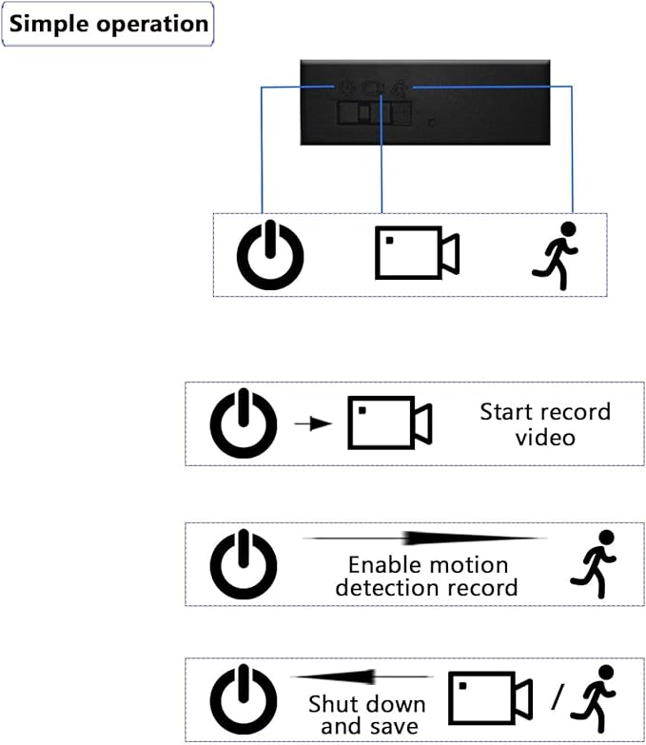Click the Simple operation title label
point(108,24)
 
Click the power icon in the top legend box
point(270,255)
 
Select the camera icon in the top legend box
point(417,253)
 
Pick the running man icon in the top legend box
point(555,256)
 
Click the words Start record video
point(545,424)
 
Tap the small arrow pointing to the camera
point(313,422)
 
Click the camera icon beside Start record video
point(390,422)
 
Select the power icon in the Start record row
point(244,422)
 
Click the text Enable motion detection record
point(426,577)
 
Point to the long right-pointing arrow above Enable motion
point(425,539)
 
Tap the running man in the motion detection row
point(593,564)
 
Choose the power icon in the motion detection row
point(244,564)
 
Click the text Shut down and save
point(366,716)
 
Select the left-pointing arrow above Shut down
point(362,676)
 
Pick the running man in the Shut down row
point(593,698)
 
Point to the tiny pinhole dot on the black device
point(431,122)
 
